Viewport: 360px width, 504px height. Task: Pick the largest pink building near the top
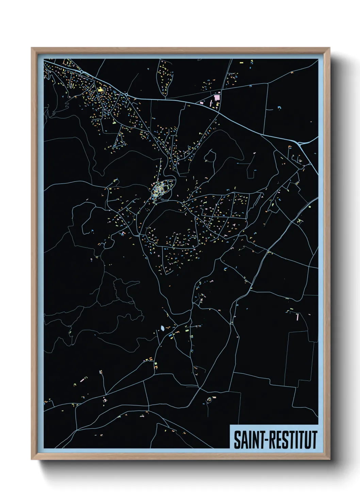[x=217, y=98]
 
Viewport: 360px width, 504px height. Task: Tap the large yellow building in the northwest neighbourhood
[x=100, y=90]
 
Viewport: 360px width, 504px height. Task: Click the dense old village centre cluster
[x=159, y=190]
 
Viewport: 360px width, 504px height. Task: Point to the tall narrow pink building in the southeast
[x=297, y=317]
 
